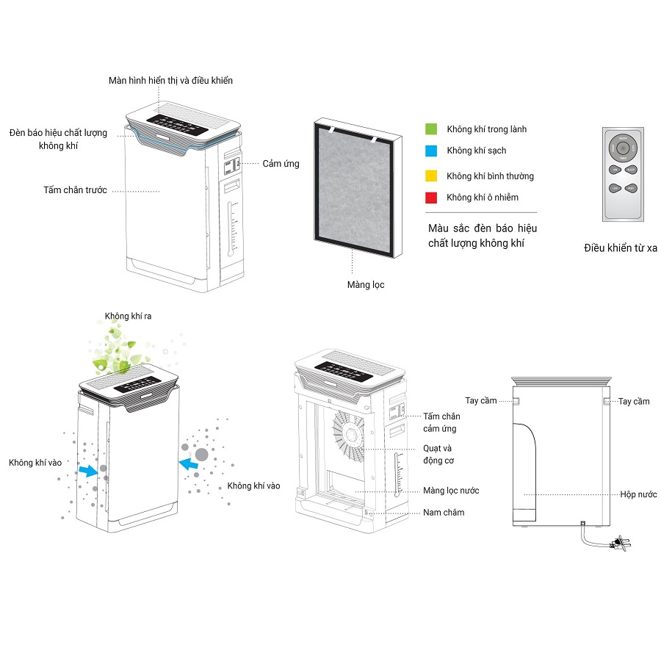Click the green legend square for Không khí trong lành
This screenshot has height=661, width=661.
pos(432,129)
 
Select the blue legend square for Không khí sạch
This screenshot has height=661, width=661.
pos(432,151)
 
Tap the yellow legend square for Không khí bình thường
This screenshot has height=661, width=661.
pos(432,176)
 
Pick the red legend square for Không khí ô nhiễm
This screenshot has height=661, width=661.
pos(432,198)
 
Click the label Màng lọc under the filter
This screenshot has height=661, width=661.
pos(366,284)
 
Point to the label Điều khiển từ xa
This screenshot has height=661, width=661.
pos(621,248)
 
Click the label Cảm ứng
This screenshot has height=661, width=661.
pos(281,163)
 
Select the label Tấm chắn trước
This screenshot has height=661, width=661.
pos(75,190)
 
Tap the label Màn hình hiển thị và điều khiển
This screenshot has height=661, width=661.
pos(170,80)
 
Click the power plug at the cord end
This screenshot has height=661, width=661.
pos(621,543)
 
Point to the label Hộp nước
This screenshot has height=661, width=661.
pos(638,494)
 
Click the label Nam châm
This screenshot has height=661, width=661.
pos(444,512)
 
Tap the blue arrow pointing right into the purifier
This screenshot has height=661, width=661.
pos(88,471)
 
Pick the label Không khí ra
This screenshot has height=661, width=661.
pos(129,316)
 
